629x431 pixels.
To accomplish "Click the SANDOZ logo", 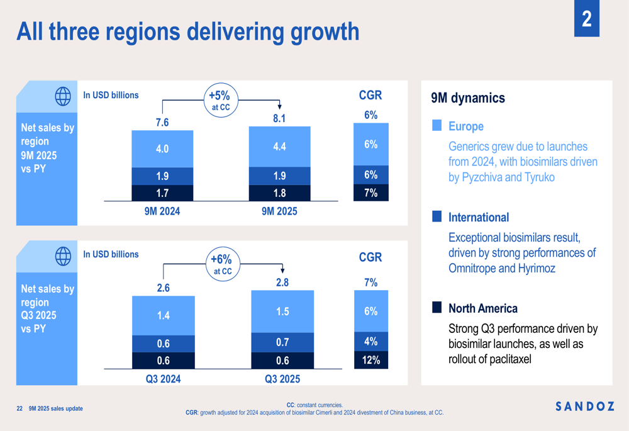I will tap(585, 406).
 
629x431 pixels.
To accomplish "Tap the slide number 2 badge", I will tap(586, 20).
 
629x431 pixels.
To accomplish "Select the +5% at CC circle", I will tap(220, 101).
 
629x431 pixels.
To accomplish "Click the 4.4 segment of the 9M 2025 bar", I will tap(279, 147).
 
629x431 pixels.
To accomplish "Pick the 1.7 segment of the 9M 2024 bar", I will tap(162, 193).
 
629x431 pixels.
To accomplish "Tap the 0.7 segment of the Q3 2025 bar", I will tap(282, 342).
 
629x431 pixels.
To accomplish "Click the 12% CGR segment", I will tap(370, 360).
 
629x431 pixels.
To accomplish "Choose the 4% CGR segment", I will tap(370, 342).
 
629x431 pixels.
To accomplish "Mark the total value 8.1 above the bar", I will tap(279, 118).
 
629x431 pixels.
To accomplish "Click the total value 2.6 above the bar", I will tap(163, 288).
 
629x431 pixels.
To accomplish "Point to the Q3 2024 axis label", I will tap(163, 379).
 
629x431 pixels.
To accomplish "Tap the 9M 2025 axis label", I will tap(279, 211).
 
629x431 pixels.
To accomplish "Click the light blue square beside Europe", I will tap(437, 126).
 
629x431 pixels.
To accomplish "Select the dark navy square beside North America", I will tap(437, 307).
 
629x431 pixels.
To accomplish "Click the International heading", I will tap(479, 218).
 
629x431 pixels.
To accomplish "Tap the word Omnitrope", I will tap(472, 268).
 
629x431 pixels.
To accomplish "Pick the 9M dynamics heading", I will tap(468, 98).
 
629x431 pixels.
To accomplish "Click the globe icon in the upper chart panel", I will tap(63, 96).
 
